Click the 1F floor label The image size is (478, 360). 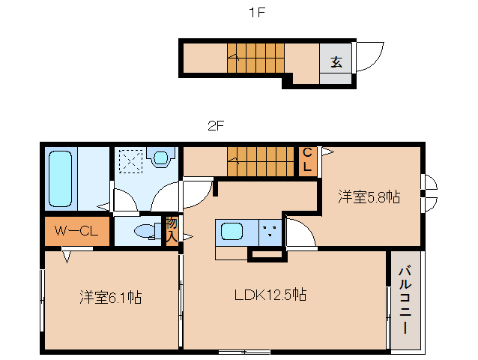click(257, 13)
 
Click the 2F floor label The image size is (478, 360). click(216, 125)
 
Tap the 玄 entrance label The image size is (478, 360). click(336, 62)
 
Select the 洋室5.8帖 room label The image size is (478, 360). click(369, 196)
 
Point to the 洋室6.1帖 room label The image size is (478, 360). click(111, 297)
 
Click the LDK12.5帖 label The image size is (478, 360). click(270, 295)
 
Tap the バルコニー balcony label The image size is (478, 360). click(405, 300)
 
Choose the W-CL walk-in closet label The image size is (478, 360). click(76, 231)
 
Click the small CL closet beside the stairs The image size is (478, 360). click(307, 162)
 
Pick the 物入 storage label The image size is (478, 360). click(172, 229)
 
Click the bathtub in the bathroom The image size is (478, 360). click(61, 178)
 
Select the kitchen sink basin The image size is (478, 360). click(232, 232)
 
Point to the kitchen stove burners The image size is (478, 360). click(270, 231)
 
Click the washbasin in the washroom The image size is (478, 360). click(160, 157)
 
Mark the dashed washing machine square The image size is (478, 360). click(131, 162)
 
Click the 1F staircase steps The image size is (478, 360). click(255, 58)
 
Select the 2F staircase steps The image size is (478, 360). click(260, 162)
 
